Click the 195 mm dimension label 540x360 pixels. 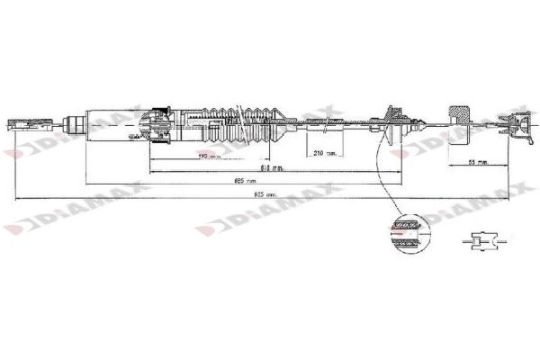tap(208, 157)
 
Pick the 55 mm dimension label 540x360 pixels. tap(478, 163)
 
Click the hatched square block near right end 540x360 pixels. tap(462, 121)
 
